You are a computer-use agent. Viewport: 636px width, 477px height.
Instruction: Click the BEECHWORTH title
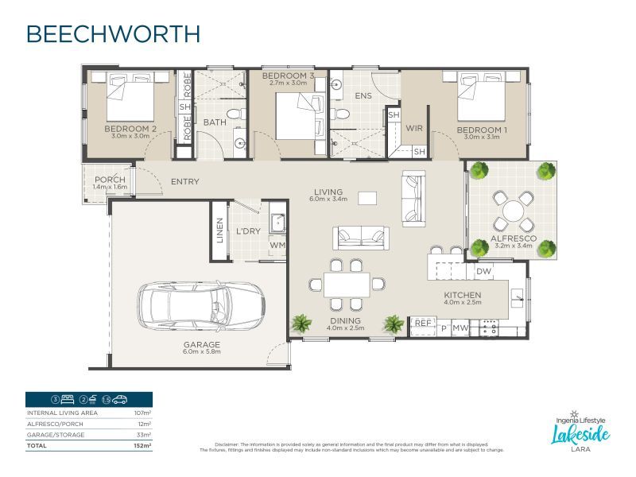pos(112,34)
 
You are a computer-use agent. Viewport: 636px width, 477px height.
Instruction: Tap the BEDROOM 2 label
pos(130,128)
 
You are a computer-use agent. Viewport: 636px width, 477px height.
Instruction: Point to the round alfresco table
pos(513,211)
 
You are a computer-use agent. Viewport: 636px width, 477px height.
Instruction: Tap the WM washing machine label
pos(277,246)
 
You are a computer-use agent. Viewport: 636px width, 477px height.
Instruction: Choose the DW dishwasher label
pos(483,272)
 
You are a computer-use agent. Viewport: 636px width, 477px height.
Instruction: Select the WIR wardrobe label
pos(413,128)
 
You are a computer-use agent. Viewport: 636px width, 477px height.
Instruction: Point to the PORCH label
pos(110,179)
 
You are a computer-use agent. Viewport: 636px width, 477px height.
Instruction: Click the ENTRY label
pos(184,182)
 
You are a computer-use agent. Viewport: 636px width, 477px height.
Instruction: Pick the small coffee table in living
pos(366,197)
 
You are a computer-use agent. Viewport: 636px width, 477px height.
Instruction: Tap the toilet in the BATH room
pos(235,117)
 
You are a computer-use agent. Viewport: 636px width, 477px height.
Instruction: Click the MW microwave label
pos(459,328)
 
